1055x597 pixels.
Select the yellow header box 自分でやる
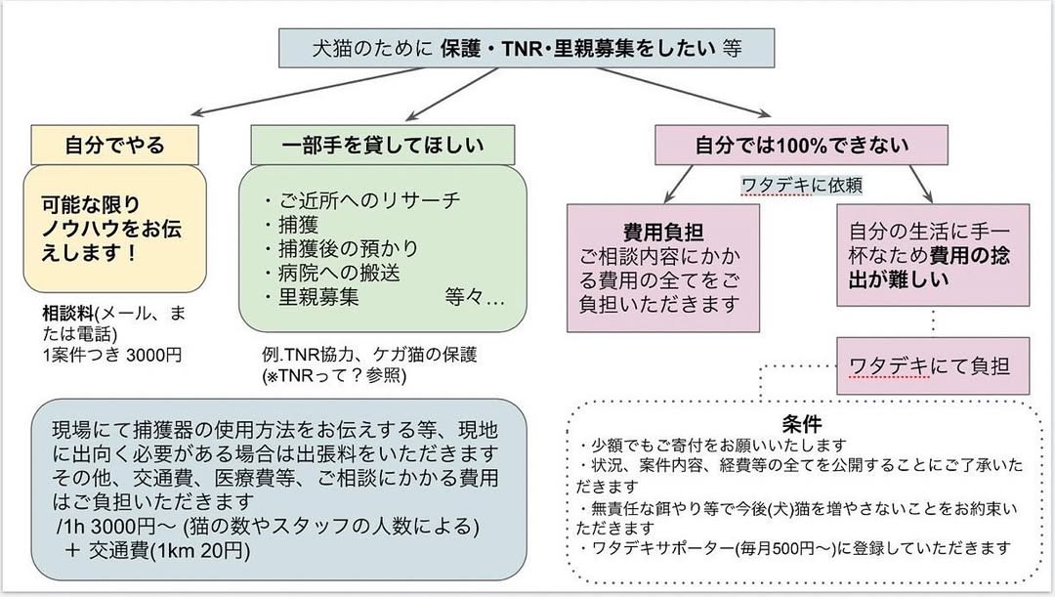[114, 146]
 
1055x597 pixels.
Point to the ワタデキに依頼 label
[802, 184]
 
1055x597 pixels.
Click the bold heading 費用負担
[663, 232]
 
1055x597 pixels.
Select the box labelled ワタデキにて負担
[919, 365]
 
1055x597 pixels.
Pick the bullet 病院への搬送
[332, 274]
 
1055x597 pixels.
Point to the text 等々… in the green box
[474, 297]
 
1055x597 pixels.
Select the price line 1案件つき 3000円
[111, 354]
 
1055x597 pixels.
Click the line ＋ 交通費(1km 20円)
[156, 550]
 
